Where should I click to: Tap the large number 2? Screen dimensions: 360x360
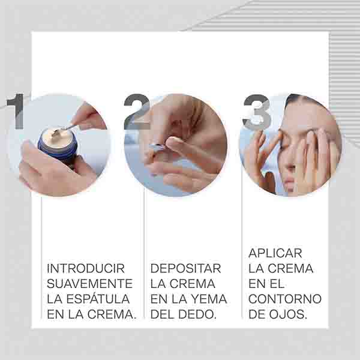[x=137, y=112]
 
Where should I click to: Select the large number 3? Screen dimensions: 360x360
[x=257, y=112]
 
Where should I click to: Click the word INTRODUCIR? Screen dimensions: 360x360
[x=86, y=268]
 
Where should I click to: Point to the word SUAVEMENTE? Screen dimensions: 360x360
[x=90, y=284]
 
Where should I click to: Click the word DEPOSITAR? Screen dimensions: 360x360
[x=185, y=268]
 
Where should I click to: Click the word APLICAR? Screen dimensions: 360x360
[x=275, y=253]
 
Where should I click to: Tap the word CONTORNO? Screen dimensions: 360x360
[x=285, y=299]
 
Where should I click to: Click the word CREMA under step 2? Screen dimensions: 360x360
[x=192, y=284]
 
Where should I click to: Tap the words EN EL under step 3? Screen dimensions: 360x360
[x=266, y=284]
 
